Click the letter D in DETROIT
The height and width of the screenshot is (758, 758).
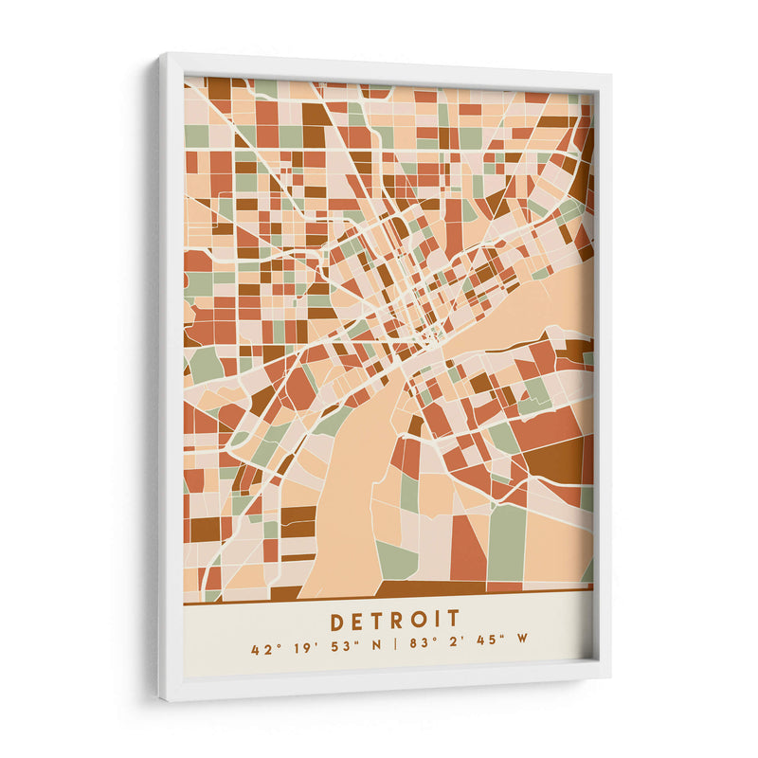337,621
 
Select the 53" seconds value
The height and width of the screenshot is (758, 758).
333,649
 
